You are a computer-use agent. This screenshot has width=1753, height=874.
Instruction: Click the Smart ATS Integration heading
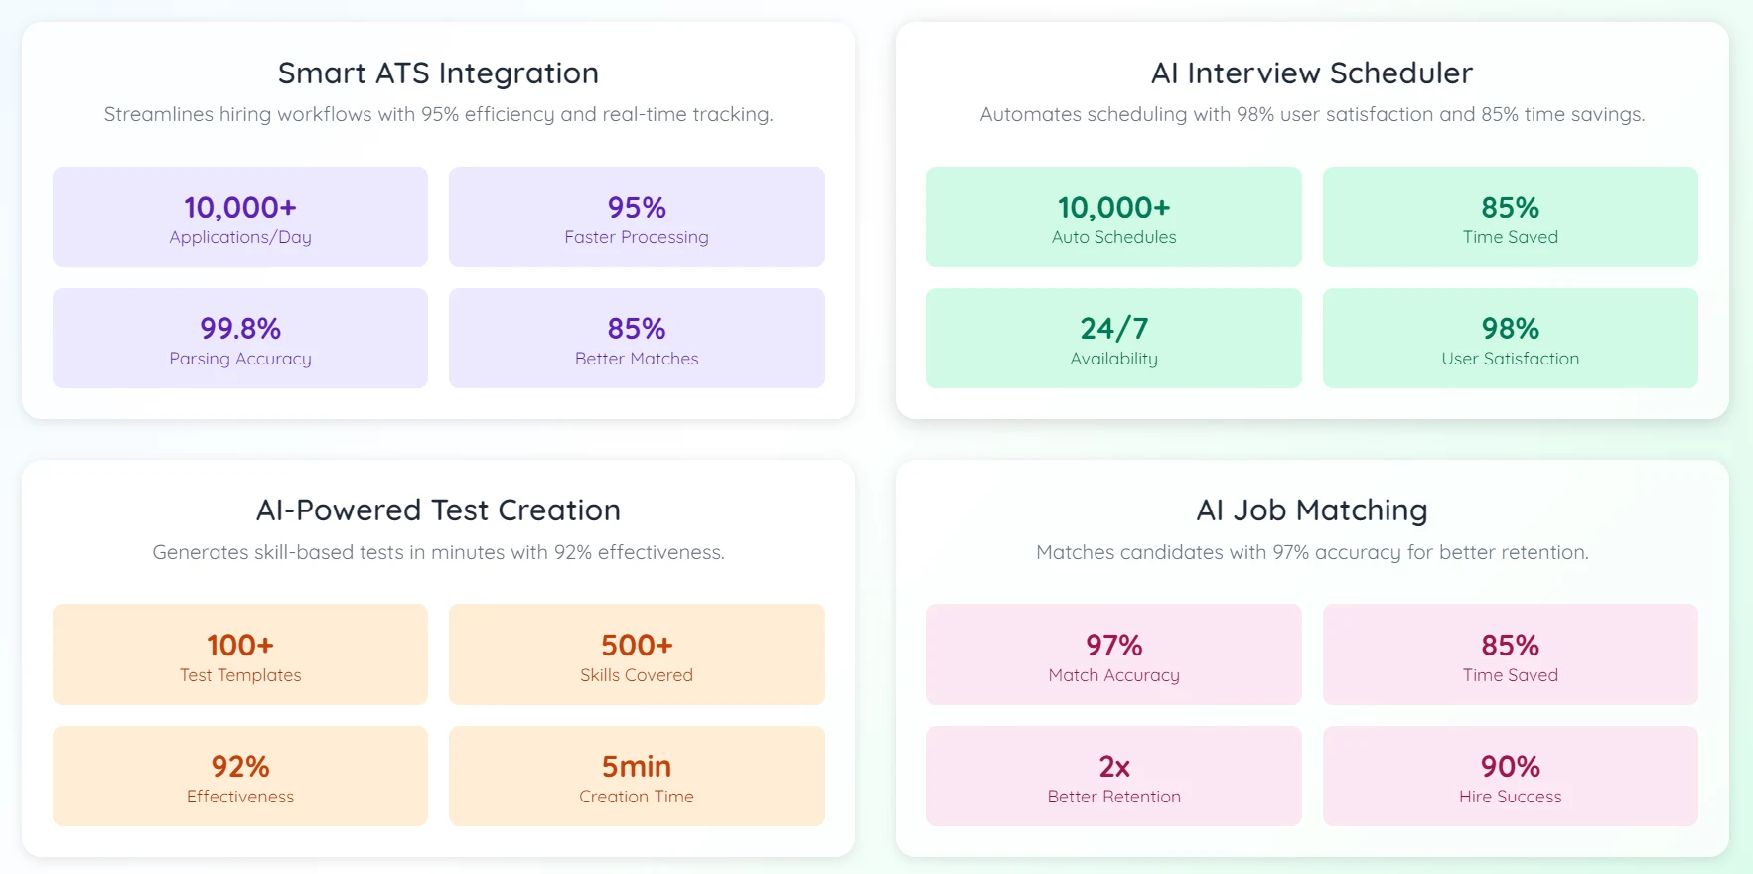pos(438,73)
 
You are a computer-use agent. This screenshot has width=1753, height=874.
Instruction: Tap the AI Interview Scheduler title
pos(1311,73)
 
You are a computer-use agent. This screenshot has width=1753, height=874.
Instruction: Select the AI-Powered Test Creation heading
pos(438,510)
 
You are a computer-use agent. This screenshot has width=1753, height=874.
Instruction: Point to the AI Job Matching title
pos(1311,510)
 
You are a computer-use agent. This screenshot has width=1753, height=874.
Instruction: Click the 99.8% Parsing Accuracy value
pos(240,328)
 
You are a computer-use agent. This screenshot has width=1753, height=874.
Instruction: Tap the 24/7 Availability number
pos(1113,328)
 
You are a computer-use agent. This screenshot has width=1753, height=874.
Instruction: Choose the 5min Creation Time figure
pos(637,766)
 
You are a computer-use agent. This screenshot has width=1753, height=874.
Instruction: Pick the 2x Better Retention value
pos(1113,766)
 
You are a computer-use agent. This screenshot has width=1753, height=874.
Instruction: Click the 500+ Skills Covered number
pos(637,645)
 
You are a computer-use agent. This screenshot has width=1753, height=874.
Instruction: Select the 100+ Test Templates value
pos(240,645)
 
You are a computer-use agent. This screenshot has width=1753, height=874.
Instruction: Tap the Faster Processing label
pos(637,237)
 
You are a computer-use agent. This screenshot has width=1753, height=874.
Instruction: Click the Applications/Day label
pos(240,237)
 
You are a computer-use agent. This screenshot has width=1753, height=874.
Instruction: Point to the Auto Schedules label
pos(1113,237)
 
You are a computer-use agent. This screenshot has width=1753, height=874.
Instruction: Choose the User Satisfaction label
pos(1510,359)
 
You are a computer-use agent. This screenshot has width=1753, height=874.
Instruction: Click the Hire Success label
pos(1510,797)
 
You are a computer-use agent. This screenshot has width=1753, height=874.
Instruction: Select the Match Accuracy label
pos(1113,675)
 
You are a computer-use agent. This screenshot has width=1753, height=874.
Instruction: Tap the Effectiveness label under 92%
pos(240,797)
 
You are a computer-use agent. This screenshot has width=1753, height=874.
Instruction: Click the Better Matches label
pos(637,359)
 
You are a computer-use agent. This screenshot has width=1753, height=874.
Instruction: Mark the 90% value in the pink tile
pos(1510,766)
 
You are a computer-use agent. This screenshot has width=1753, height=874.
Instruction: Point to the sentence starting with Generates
pos(438,552)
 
